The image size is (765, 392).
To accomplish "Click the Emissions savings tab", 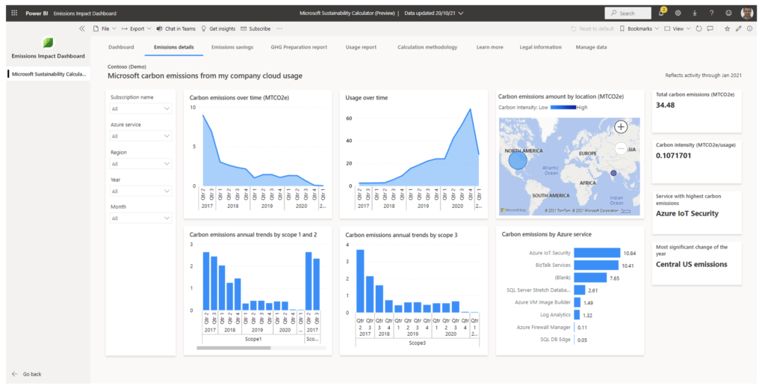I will pos(232,47).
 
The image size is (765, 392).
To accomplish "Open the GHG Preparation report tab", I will pos(299,47).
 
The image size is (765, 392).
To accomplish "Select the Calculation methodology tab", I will pos(427,47).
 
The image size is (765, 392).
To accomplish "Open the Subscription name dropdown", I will pos(140,109).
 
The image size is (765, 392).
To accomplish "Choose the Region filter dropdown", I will pos(140,164).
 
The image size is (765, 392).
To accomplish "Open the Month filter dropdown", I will pos(140,218).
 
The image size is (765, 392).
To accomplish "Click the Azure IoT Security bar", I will pos(597,253).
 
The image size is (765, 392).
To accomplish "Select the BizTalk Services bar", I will pos(596,265).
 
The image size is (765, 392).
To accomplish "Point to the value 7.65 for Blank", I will pos(613,278).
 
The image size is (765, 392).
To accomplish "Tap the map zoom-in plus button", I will pos(621,127).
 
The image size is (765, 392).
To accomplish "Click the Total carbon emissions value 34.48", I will pos(666,105).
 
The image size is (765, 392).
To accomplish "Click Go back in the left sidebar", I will pos(32,373).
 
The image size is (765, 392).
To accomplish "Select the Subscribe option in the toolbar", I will pos(255,28).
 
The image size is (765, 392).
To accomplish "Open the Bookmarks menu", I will pos(639,28).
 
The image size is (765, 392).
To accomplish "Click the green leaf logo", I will pos(49,43).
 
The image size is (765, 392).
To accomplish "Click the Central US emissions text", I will pos(691,264).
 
